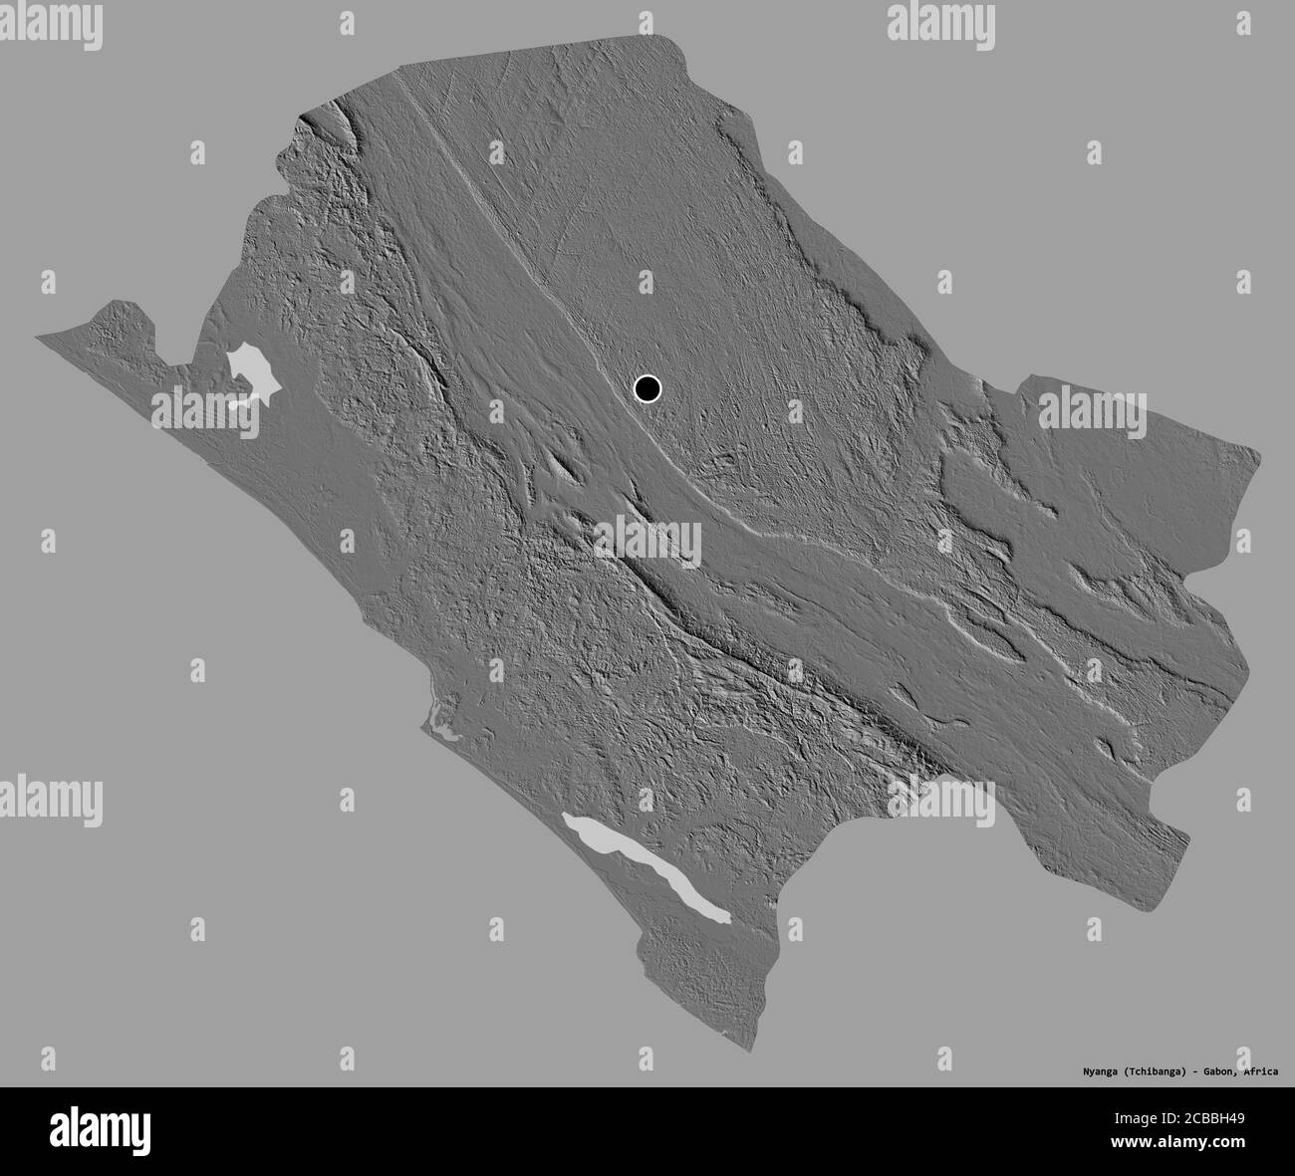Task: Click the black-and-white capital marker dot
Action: [647, 388]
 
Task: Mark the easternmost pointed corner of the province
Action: [1262, 457]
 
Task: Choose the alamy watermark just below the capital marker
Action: [647, 543]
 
